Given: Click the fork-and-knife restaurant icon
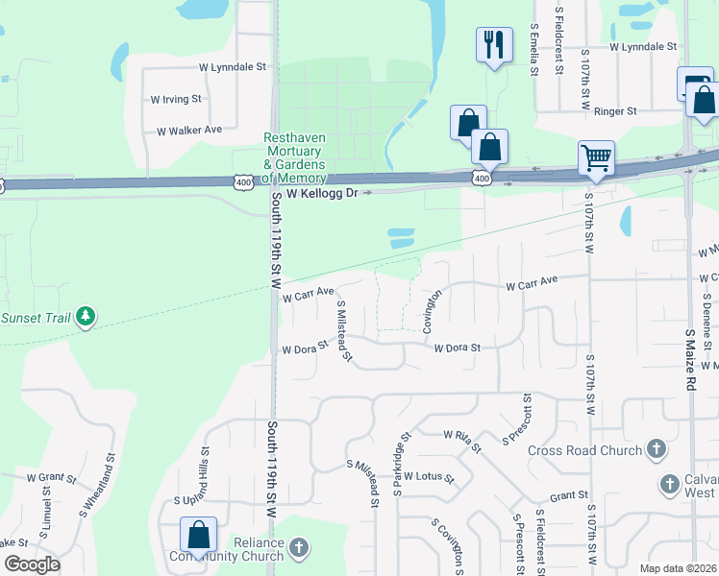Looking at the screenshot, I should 494,43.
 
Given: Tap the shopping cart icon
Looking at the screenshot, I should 596,156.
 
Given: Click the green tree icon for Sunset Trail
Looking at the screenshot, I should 86,316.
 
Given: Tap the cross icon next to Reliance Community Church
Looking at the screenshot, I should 299,548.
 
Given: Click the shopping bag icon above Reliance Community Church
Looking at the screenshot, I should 198,534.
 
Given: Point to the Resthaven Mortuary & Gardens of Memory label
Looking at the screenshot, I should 295,157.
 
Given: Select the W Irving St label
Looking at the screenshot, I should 176,98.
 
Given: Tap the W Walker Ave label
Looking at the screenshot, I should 189,130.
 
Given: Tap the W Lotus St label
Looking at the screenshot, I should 428,476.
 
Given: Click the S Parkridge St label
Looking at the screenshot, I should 402,463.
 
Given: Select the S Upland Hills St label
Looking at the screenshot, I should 205,475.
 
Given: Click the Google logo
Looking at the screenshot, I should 33,564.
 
